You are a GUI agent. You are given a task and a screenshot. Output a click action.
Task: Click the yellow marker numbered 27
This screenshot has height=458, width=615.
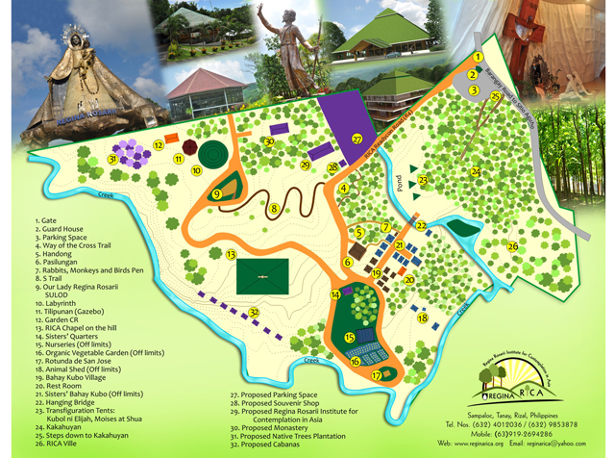pos(357,139)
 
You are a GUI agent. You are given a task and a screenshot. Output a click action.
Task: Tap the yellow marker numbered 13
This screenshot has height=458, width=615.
pos(232,255)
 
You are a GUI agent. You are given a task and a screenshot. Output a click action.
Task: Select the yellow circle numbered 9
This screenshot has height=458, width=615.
pos(217,193)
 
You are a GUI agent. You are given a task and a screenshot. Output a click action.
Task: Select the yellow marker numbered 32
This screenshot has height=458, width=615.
pos(254,312)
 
